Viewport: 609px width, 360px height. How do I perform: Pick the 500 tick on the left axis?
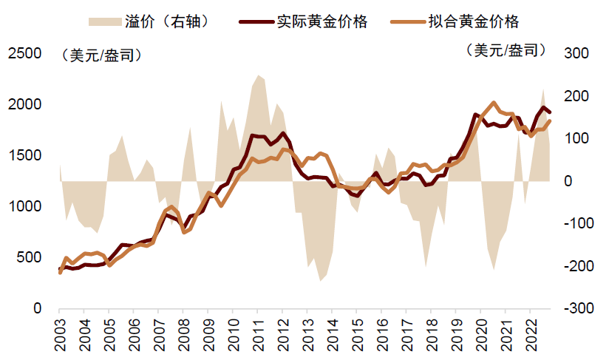[26, 257]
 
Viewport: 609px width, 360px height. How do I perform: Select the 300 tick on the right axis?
[576, 53]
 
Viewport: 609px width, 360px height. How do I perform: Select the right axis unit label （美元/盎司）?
[506, 50]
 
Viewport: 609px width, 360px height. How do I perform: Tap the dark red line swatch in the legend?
[256, 21]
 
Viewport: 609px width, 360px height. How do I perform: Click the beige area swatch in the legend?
[104, 21]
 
